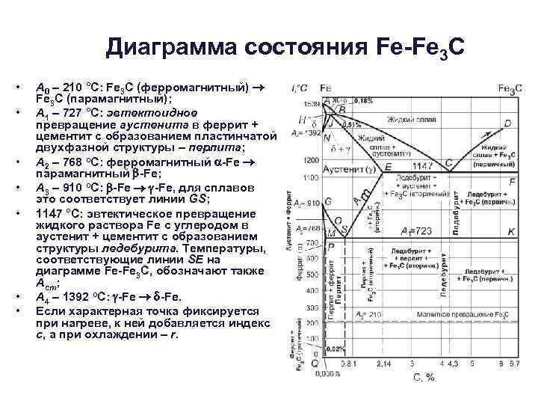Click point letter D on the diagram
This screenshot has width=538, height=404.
coord(508,123)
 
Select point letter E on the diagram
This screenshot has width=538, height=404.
coord(387,165)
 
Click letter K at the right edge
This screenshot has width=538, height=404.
coord(511,233)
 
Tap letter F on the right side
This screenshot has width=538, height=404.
coord(512,182)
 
